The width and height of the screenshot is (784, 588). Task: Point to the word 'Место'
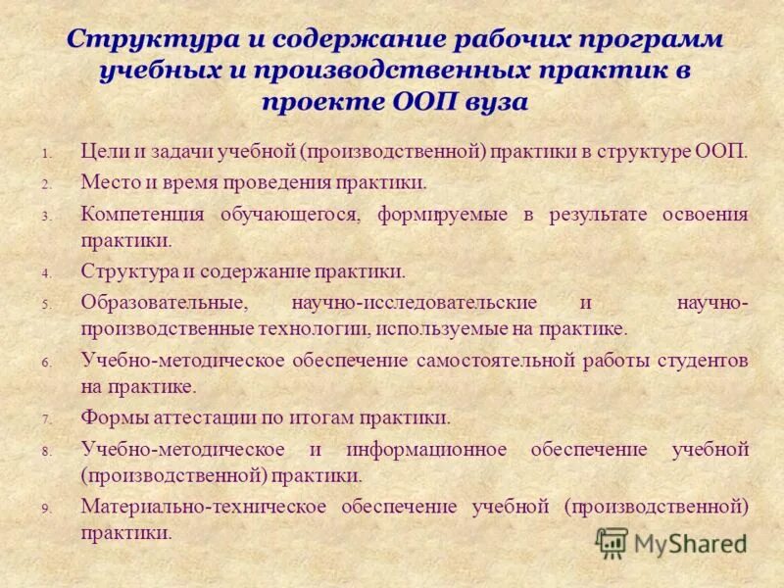click(107, 182)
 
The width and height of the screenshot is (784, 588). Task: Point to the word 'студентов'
click(701, 361)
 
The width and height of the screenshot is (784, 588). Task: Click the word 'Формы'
click(110, 418)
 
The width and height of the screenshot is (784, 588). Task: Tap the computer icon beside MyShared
click(612, 543)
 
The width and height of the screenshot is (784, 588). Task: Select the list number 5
click(45, 306)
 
